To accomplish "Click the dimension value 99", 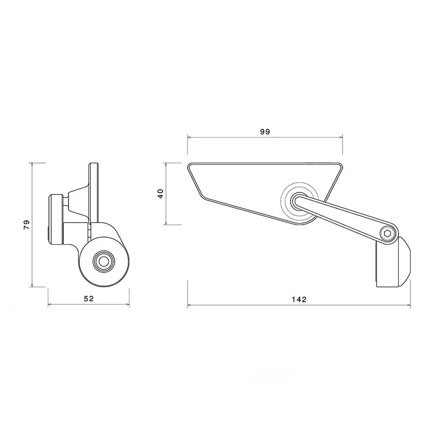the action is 265,132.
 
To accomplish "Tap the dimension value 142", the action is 300,300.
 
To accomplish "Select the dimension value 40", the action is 160,194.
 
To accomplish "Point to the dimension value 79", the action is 27,225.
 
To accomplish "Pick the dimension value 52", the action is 89,299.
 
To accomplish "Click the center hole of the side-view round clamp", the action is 104,262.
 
